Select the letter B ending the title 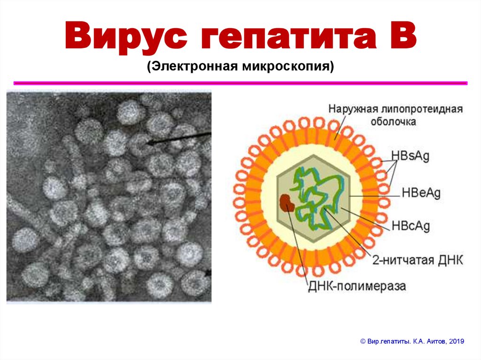click(401, 37)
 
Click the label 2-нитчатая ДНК click(417, 260)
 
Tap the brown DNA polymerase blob click(286, 202)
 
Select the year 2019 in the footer click(456, 342)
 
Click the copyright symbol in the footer click(362, 342)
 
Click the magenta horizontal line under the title click(240, 83)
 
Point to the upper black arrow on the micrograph click(178, 138)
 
